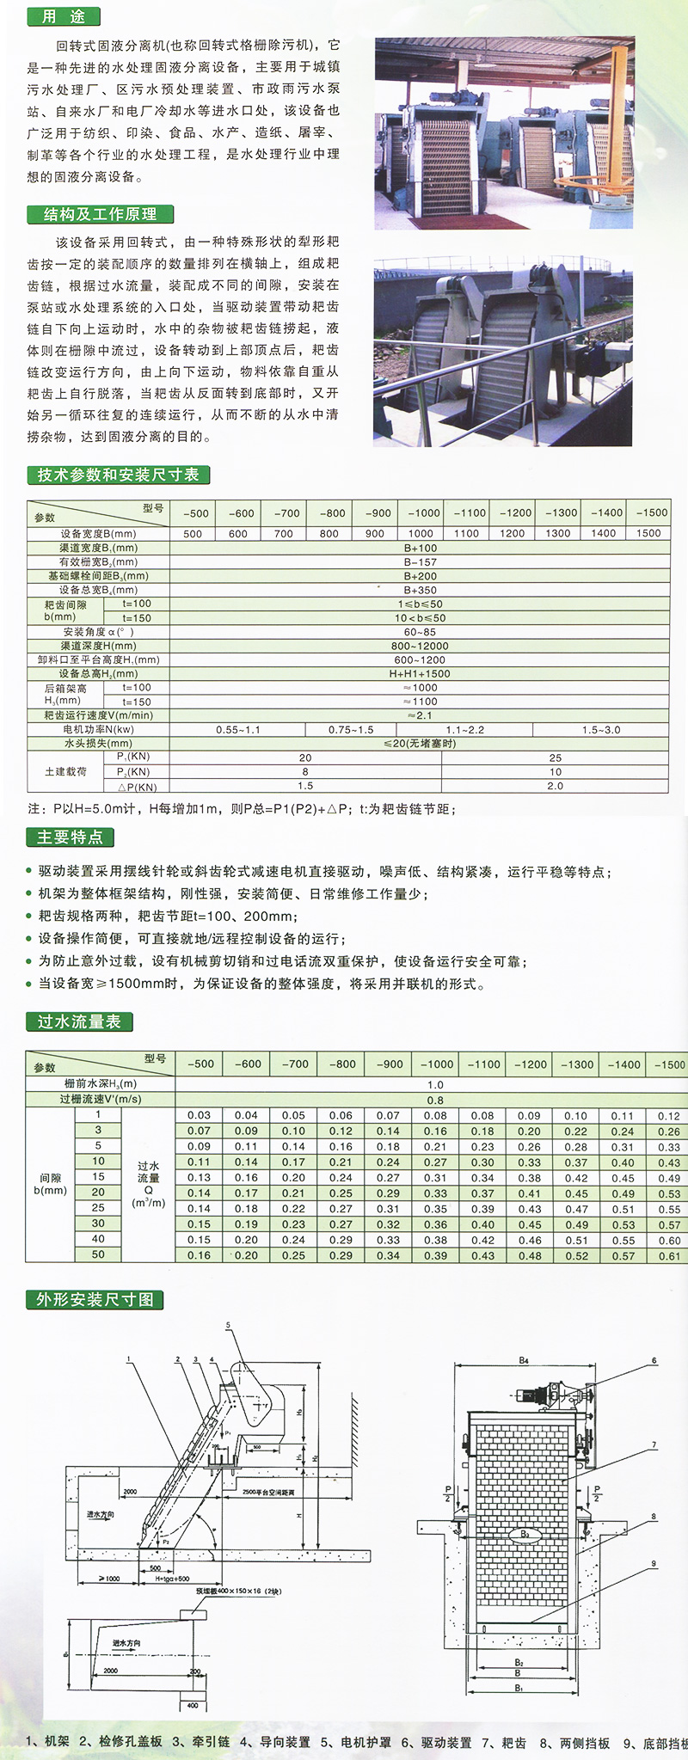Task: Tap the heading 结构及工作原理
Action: point(100,214)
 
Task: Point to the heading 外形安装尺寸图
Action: point(95,1299)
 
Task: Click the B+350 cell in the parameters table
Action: point(420,590)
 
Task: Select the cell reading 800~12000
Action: point(420,646)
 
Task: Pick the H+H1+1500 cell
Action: point(420,674)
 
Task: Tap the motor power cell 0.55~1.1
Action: point(238,730)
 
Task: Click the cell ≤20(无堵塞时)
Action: point(420,743)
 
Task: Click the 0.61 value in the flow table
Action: point(669,1255)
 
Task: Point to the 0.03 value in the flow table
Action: point(199,1115)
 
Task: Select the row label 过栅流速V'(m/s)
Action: point(101,1099)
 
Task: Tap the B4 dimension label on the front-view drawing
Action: point(524,1360)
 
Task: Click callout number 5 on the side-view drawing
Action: point(229,1326)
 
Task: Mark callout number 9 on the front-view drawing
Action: point(654,1563)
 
